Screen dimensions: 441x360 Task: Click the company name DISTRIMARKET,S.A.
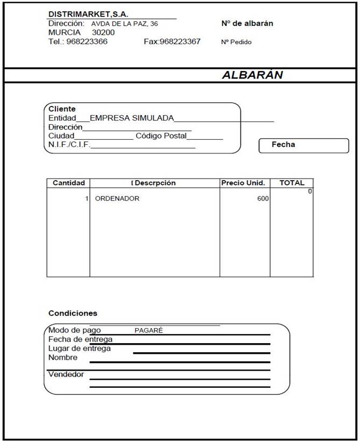point(88,14)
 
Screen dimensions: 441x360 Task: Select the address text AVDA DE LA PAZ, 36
point(124,24)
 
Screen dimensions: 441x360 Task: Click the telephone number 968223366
point(87,41)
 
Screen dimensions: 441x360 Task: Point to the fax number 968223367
point(180,41)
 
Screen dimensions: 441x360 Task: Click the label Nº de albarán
point(247,24)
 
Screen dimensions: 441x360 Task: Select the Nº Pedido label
point(236,42)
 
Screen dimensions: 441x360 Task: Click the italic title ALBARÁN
point(252,75)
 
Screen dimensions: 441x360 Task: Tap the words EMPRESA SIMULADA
point(132,118)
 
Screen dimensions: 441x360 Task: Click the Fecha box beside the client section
point(303,145)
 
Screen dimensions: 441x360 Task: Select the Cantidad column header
point(68,183)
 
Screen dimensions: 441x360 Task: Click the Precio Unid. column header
point(243,183)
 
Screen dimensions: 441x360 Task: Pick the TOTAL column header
point(292,183)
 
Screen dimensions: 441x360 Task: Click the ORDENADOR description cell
point(117,198)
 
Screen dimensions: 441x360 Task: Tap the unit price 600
point(263,198)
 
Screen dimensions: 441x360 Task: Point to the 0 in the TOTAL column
point(310,191)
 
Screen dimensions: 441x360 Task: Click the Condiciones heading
point(73,313)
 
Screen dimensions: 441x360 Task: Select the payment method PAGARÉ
point(149,331)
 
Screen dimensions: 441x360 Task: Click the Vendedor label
point(66,374)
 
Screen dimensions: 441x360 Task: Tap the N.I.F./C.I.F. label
point(69,145)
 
